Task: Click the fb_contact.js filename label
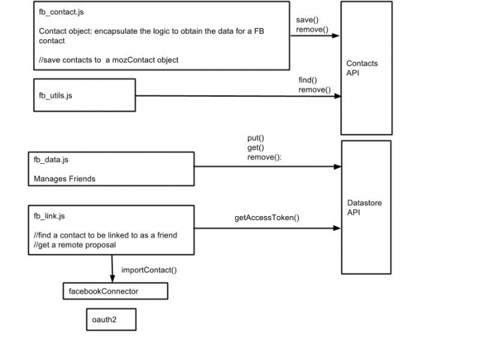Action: pyautogui.click(x=61, y=12)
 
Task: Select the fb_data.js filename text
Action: pyautogui.click(x=51, y=160)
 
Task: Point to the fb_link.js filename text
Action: pyautogui.click(x=49, y=216)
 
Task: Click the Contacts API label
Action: pyautogui.click(x=362, y=68)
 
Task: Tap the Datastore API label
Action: pyautogui.click(x=364, y=208)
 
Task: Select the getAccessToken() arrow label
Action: pyautogui.click(x=267, y=217)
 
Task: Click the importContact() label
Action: pyautogui.click(x=149, y=270)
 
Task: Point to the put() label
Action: pyautogui.click(x=256, y=138)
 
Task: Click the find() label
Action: pyautogui.click(x=308, y=80)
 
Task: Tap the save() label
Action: pyautogui.click(x=307, y=20)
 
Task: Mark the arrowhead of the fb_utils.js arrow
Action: pyautogui.click(x=337, y=96)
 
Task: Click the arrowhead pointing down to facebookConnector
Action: pyautogui.click(x=112, y=278)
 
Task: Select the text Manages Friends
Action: pyautogui.click(x=64, y=179)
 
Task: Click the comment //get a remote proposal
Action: pyautogui.click(x=75, y=245)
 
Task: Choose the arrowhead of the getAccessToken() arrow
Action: pyautogui.click(x=337, y=228)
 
